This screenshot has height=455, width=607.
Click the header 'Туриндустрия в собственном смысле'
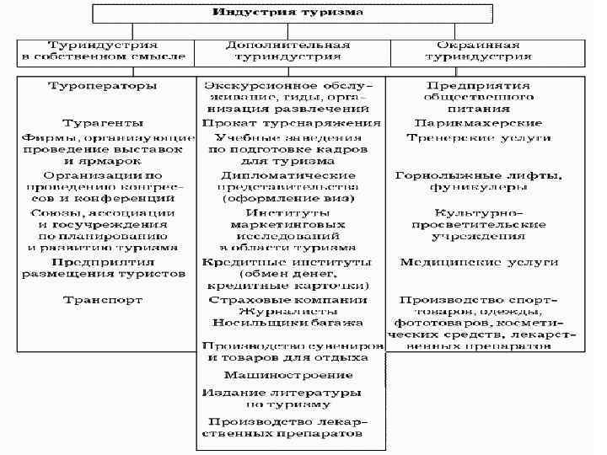coord(104,51)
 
